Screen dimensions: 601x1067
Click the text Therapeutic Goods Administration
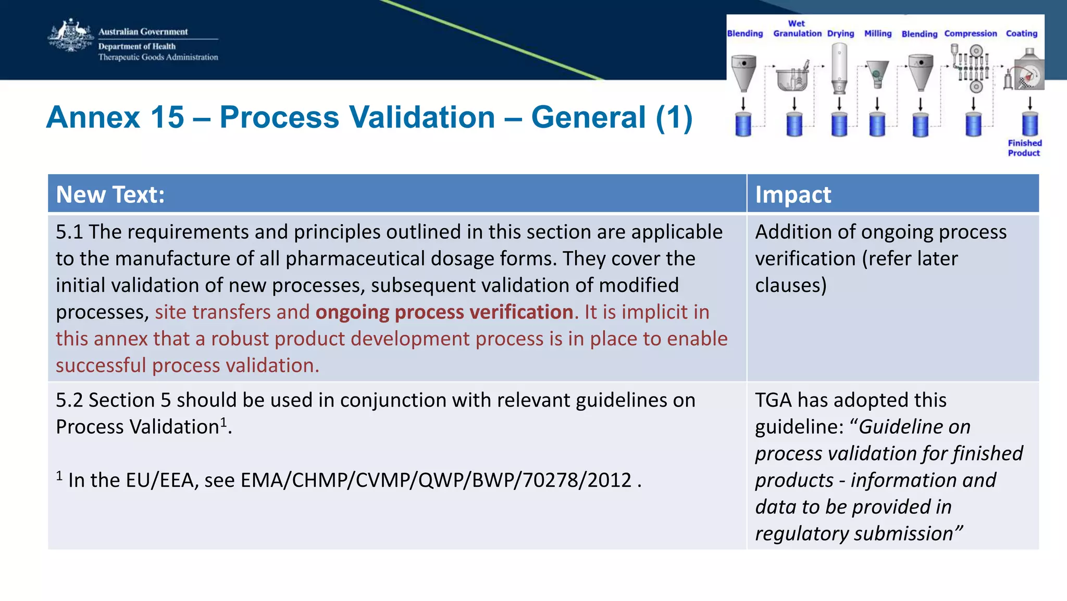[158, 57]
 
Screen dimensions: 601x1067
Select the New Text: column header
[110, 194]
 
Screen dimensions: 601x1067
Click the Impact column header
[792, 194]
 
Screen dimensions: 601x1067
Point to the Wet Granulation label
[797, 29]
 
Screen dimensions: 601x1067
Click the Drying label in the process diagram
[840, 33]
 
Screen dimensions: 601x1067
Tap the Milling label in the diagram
[878, 33]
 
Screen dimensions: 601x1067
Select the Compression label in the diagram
[970, 33]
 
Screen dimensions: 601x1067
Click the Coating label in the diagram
[1021, 33]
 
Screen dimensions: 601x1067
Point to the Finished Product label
[1024, 148]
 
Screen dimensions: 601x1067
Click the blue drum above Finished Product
[1029, 125]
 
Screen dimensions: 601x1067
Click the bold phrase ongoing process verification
[444, 312]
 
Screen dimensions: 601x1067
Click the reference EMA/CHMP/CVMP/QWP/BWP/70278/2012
[436, 480]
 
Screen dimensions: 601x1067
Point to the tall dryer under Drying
[839, 68]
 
